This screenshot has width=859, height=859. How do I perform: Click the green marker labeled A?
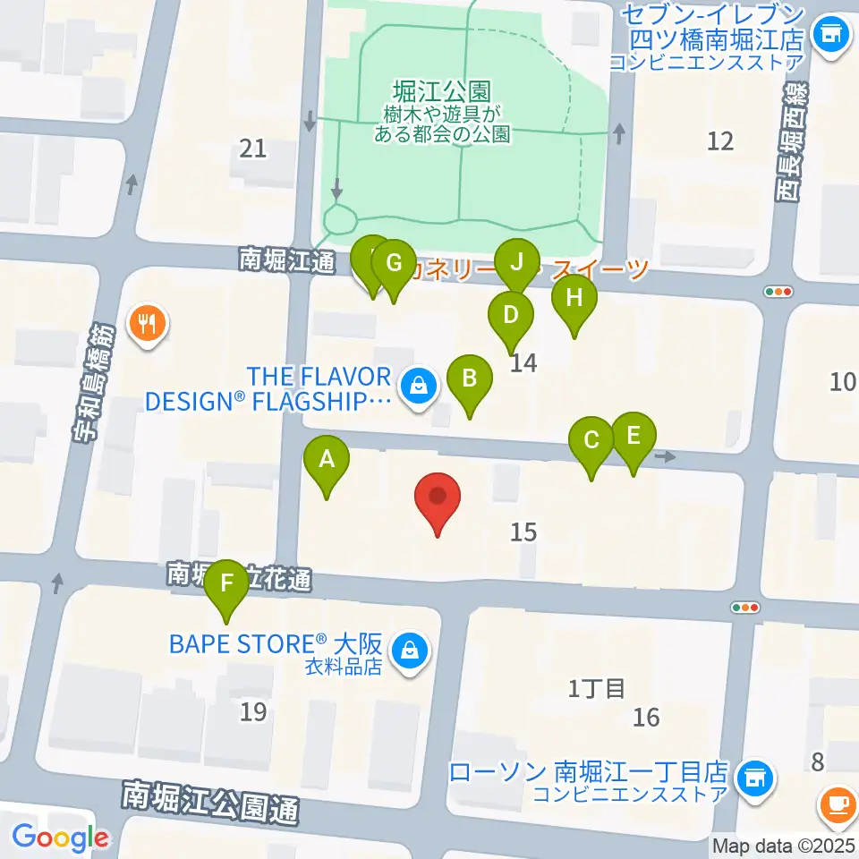click(x=327, y=461)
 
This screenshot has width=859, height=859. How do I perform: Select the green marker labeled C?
click(x=591, y=442)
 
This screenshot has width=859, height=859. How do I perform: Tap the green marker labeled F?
click(x=227, y=586)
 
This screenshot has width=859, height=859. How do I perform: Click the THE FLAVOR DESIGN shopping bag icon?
click(x=416, y=387)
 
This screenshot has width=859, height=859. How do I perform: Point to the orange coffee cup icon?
click(x=838, y=803)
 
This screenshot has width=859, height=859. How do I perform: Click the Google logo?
click(x=60, y=838)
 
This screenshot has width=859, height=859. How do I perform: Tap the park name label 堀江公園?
click(x=441, y=90)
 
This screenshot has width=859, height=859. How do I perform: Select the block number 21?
click(x=254, y=148)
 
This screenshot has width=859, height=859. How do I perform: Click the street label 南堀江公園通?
click(x=211, y=803)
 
